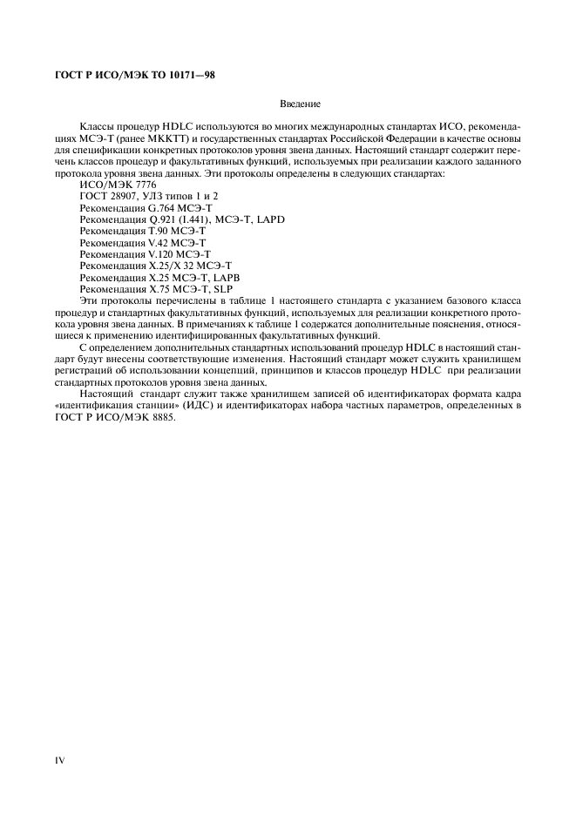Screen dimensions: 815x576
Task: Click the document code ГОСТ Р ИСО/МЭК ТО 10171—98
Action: (x=129, y=75)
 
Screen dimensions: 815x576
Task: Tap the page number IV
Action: (x=60, y=760)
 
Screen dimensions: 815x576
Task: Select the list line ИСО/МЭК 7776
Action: (x=118, y=185)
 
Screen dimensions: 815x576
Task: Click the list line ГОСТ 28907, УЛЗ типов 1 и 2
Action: (x=148, y=197)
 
